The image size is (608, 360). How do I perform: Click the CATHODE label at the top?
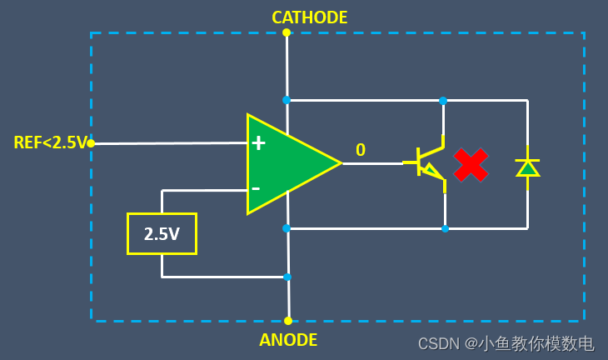click(309, 17)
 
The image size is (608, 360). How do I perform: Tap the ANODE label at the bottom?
click(288, 340)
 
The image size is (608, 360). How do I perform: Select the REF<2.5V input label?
click(50, 143)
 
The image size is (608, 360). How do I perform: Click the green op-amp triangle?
click(288, 163)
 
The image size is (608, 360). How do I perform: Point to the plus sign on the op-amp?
click(258, 143)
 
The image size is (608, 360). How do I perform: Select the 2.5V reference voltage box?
click(162, 234)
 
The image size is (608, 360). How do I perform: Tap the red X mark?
click(471, 165)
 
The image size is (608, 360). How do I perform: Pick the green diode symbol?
click(528, 167)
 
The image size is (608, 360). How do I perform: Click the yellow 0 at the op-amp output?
click(361, 150)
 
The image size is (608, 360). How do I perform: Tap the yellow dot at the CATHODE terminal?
click(287, 32)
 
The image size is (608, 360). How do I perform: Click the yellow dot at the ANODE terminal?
click(288, 320)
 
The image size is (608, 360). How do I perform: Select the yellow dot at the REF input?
click(91, 143)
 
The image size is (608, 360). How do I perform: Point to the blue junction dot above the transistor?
click(443, 100)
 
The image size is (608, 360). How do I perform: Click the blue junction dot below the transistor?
click(445, 228)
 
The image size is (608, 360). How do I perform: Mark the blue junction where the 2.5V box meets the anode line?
click(287, 277)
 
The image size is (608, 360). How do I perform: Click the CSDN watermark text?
click(506, 343)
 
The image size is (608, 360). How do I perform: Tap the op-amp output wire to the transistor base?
click(375, 163)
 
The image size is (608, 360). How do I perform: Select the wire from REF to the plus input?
click(167, 143)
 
